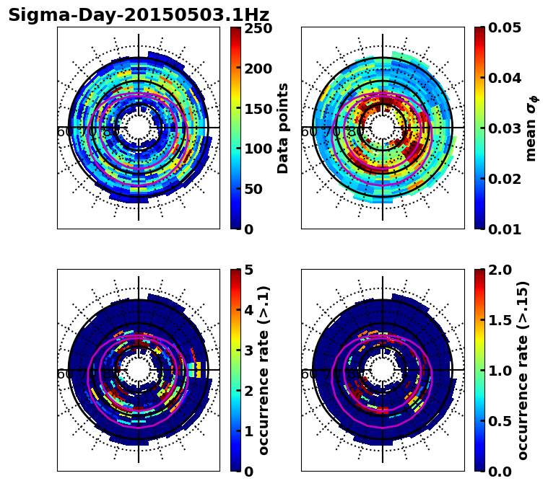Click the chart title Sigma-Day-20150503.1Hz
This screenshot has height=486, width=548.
tap(139, 15)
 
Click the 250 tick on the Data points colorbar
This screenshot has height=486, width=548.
tap(257, 29)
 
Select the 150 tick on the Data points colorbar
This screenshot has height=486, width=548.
tap(257, 109)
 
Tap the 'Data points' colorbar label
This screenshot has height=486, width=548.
tap(283, 128)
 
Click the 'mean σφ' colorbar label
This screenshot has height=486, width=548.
tap(531, 128)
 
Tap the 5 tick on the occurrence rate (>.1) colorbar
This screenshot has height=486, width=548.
tap(249, 270)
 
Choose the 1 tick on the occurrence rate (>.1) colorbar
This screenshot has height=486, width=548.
tap(249, 431)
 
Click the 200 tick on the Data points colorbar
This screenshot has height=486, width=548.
tap(257, 69)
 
